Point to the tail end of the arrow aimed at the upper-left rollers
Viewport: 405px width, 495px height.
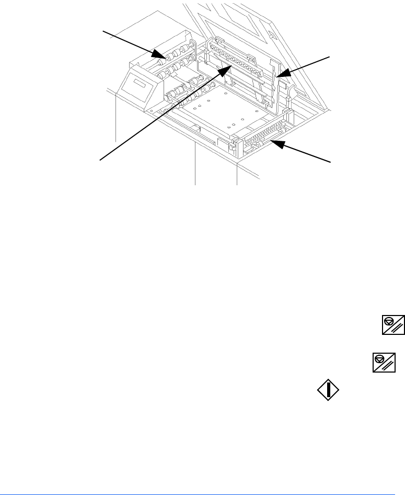click(x=103, y=31)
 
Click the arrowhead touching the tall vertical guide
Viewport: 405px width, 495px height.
click(x=279, y=76)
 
